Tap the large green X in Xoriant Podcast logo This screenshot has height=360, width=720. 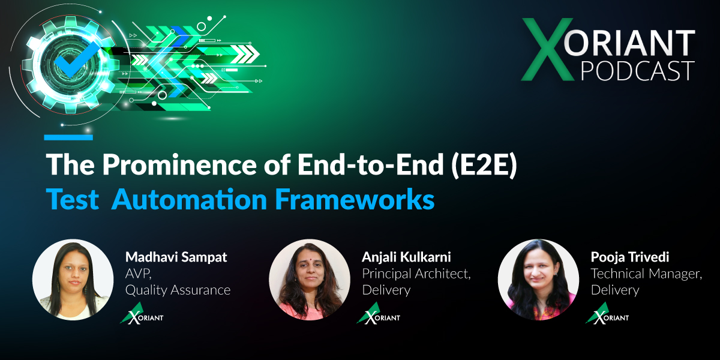(x=547, y=49)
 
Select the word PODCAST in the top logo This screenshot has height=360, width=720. (x=638, y=71)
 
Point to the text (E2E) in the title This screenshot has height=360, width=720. (x=484, y=165)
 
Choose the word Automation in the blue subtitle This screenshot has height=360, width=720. (x=189, y=199)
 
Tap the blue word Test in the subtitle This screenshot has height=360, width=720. (x=73, y=199)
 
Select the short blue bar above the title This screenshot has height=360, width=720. (x=68, y=137)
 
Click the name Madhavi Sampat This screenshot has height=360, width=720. (x=176, y=257)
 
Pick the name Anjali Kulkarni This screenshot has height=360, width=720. (x=406, y=257)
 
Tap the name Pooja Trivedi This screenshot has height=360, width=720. (x=630, y=257)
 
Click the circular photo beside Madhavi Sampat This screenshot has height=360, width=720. (x=73, y=280)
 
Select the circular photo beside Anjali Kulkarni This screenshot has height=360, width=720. (x=310, y=280)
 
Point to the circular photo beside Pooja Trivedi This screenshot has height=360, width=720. (x=538, y=280)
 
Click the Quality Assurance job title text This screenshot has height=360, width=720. (x=178, y=290)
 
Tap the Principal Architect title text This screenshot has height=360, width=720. (x=416, y=274)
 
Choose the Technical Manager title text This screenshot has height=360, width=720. (x=646, y=274)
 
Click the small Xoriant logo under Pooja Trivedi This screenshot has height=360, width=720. (x=607, y=313)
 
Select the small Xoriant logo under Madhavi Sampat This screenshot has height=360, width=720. (x=142, y=313)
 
